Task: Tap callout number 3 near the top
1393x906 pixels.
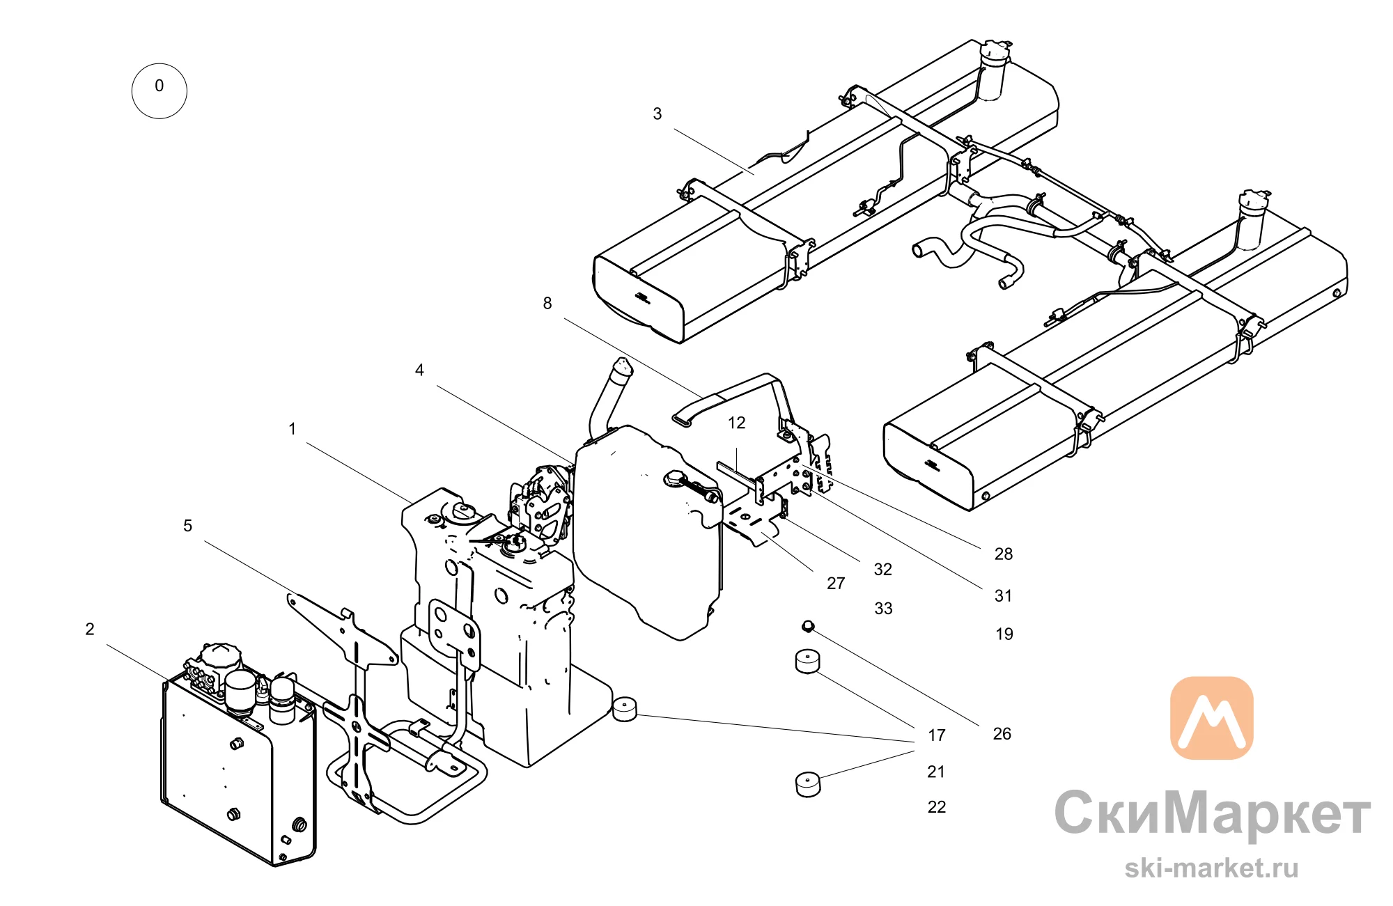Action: pyautogui.click(x=657, y=114)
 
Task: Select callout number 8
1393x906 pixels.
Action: pyautogui.click(x=547, y=303)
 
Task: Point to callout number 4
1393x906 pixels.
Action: pyautogui.click(x=419, y=370)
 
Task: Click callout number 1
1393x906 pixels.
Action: pyautogui.click(x=293, y=428)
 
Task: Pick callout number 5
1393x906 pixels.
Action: pyautogui.click(x=187, y=526)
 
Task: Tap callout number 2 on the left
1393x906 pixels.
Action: pyautogui.click(x=90, y=629)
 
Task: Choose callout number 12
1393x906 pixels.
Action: pyautogui.click(x=737, y=423)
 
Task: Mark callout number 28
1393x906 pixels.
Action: pyautogui.click(x=1004, y=554)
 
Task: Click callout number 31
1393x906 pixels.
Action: pyautogui.click(x=1004, y=595)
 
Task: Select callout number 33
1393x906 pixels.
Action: pyautogui.click(x=883, y=608)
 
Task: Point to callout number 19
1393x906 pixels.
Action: pyautogui.click(x=1004, y=634)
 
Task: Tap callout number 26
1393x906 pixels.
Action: pyautogui.click(x=1002, y=733)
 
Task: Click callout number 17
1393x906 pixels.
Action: pyautogui.click(x=937, y=735)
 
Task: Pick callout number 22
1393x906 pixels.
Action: pyautogui.click(x=937, y=806)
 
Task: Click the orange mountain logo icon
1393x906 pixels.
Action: pyautogui.click(x=1212, y=717)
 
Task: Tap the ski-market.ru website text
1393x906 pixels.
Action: pyautogui.click(x=1212, y=868)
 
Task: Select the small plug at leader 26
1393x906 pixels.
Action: pyautogui.click(x=808, y=626)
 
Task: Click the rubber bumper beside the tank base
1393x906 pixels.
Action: pyautogui.click(x=625, y=708)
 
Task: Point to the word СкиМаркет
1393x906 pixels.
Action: pyautogui.click(x=1212, y=813)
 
